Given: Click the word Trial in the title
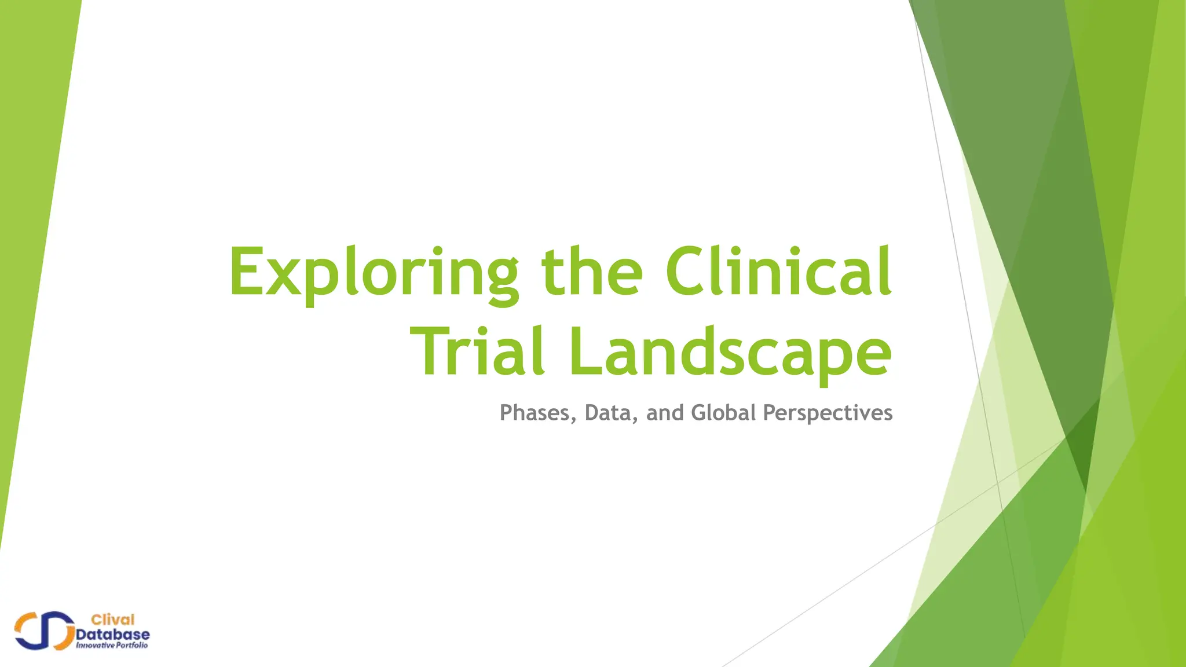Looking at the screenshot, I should click(477, 351).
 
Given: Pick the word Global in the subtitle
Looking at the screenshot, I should click(724, 413).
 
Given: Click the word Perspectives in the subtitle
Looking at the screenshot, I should click(828, 413).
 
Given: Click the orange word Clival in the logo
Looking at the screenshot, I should click(113, 620).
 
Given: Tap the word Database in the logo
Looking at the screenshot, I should click(113, 635).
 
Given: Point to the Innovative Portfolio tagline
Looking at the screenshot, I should click(112, 646).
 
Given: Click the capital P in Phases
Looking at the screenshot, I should click(507, 413).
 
